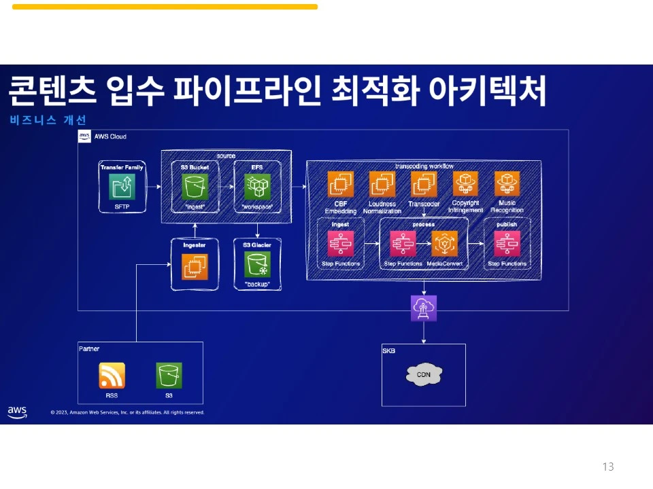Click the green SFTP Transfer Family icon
122,186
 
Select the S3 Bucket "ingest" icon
195,186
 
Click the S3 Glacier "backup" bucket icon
258,264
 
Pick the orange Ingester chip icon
195,267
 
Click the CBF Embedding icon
341,184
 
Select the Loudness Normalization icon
382,184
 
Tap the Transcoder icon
424,184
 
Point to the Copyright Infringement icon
466,184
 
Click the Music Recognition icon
507,184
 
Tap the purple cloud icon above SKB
424,308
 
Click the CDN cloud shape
424,374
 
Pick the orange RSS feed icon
112,375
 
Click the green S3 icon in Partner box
169,375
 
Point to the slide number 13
608,467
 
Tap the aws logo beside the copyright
17,412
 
